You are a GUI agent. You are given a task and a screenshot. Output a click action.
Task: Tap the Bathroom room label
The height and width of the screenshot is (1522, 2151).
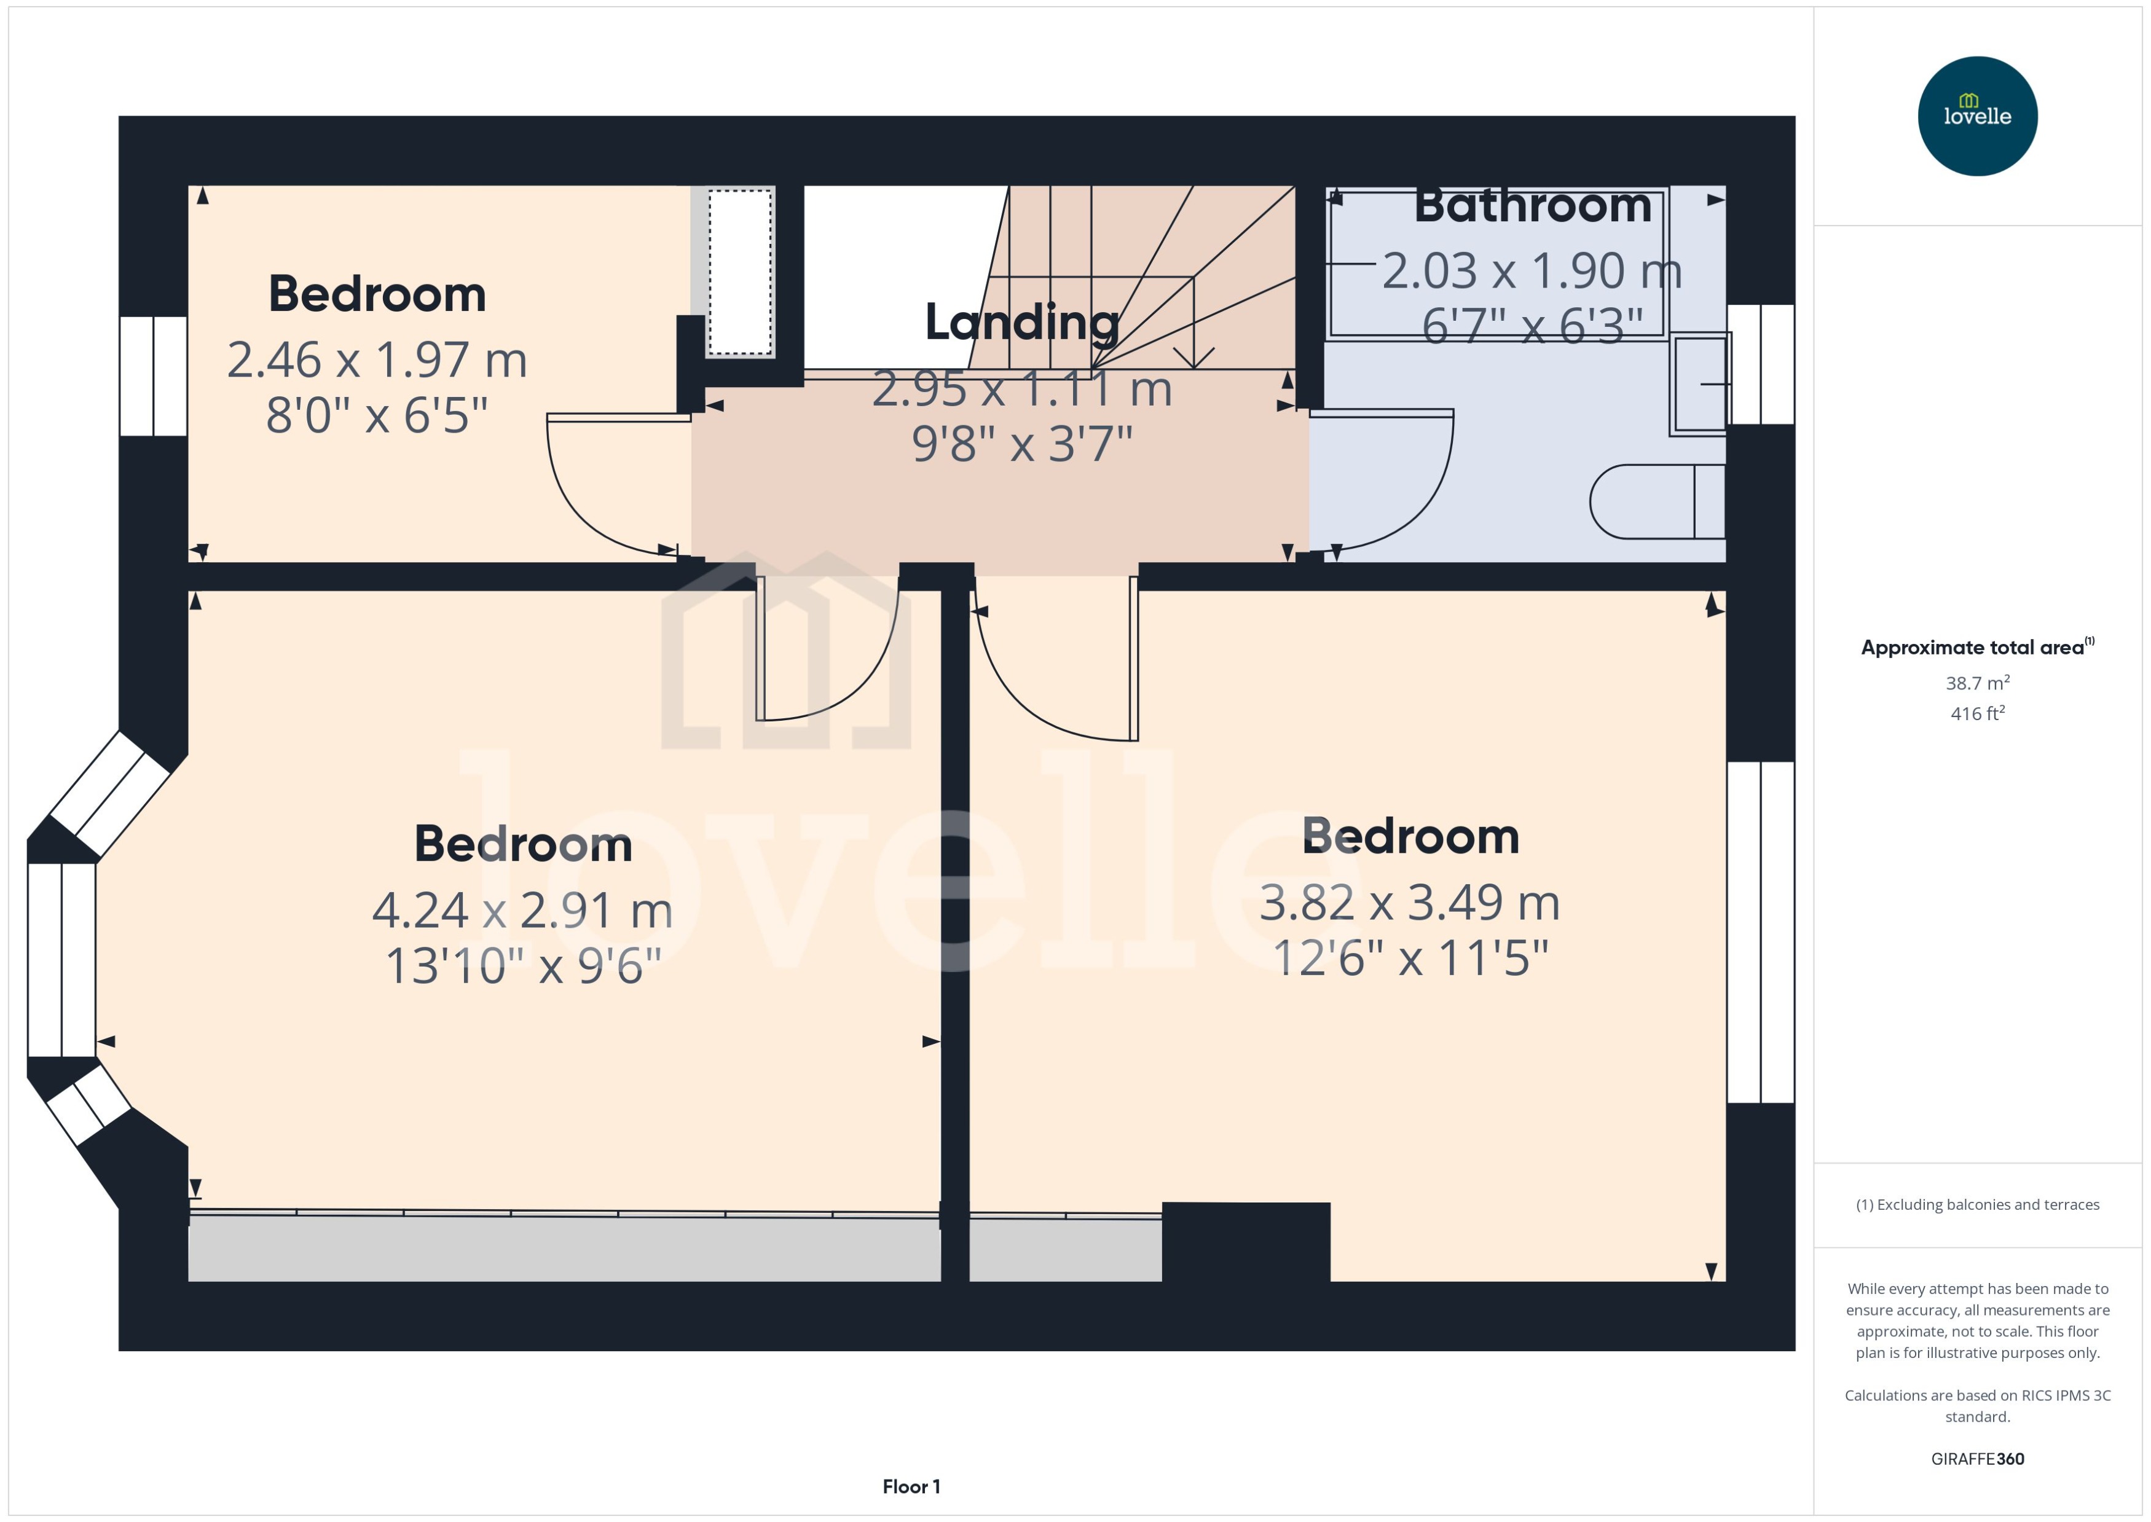[1532, 205]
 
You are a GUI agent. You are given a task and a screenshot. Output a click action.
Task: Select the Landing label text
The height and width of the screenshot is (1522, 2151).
[1021, 323]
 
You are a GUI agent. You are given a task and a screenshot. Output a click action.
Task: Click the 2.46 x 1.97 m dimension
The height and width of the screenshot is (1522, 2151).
[377, 360]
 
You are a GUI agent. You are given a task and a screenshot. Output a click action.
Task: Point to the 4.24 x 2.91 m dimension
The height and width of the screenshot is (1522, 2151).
[522, 910]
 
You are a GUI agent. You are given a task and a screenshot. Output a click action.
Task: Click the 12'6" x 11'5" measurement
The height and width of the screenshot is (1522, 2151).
[1410, 958]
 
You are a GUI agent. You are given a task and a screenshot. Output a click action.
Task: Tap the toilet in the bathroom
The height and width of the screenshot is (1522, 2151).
[1655, 501]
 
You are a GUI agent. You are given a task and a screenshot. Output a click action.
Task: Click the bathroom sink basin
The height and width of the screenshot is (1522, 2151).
[1699, 383]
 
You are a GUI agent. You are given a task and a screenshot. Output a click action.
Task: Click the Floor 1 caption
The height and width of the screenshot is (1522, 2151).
[910, 1486]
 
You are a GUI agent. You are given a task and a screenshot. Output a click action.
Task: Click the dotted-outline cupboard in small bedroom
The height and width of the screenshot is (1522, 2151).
[739, 272]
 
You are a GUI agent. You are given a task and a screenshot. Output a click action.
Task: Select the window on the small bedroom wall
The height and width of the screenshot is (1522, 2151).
[153, 376]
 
